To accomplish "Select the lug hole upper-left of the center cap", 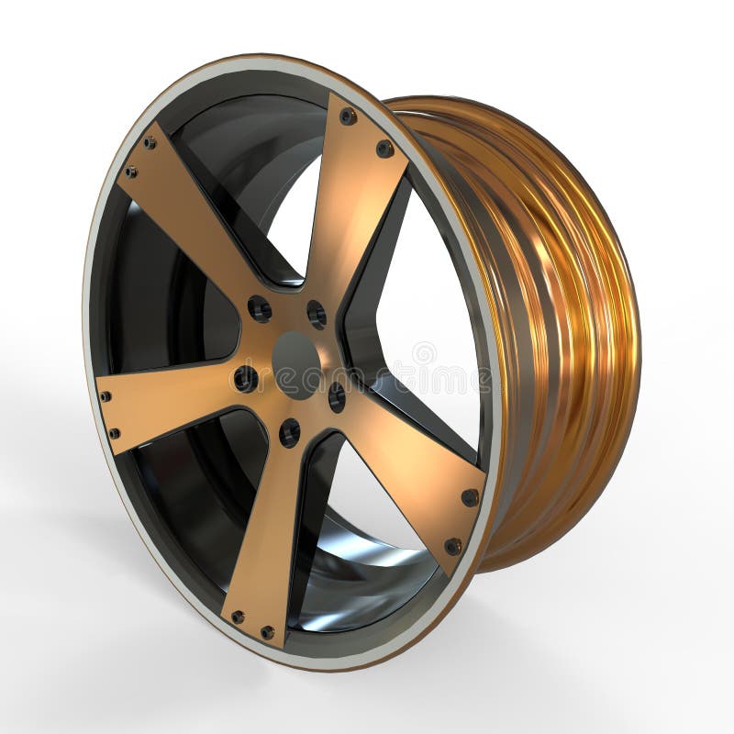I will (x=260, y=308).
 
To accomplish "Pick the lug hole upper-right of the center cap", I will (x=317, y=315).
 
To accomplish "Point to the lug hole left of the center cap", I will (x=245, y=377).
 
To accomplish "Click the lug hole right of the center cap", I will (x=337, y=396).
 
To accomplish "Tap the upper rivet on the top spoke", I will (x=348, y=117).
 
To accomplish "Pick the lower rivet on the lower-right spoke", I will (x=452, y=546).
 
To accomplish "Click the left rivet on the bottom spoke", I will (x=238, y=617).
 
